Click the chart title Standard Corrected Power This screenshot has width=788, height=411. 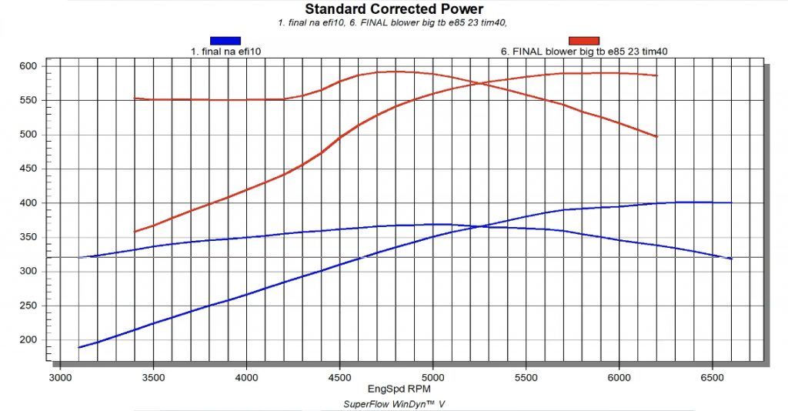(x=394, y=9)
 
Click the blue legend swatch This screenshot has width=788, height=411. (x=225, y=41)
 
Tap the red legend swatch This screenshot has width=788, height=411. (x=583, y=41)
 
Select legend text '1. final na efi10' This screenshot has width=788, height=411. (x=225, y=52)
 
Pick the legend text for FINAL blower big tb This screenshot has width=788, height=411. (x=583, y=52)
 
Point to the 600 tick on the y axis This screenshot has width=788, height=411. (x=28, y=66)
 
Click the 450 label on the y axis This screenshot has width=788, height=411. (x=28, y=169)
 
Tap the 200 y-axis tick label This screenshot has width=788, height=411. (x=28, y=340)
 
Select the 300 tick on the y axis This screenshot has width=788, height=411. (x=28, y=272)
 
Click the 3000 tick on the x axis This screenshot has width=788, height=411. (x=60, y=379)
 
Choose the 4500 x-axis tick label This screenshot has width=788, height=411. (x=340, y=379)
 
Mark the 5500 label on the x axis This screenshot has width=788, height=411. (x=526, y=379)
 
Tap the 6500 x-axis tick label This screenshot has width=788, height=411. (x=713, y=379)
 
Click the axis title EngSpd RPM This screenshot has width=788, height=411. (x=394, y=389)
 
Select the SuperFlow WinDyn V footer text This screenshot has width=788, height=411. (x=394, y=403)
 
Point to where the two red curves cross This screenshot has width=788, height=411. (x=482, y=82)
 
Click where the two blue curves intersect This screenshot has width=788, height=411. (x=482, y=226)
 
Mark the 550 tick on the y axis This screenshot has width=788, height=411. (x=28, y=100)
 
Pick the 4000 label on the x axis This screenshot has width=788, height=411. (x=247, y=379)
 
